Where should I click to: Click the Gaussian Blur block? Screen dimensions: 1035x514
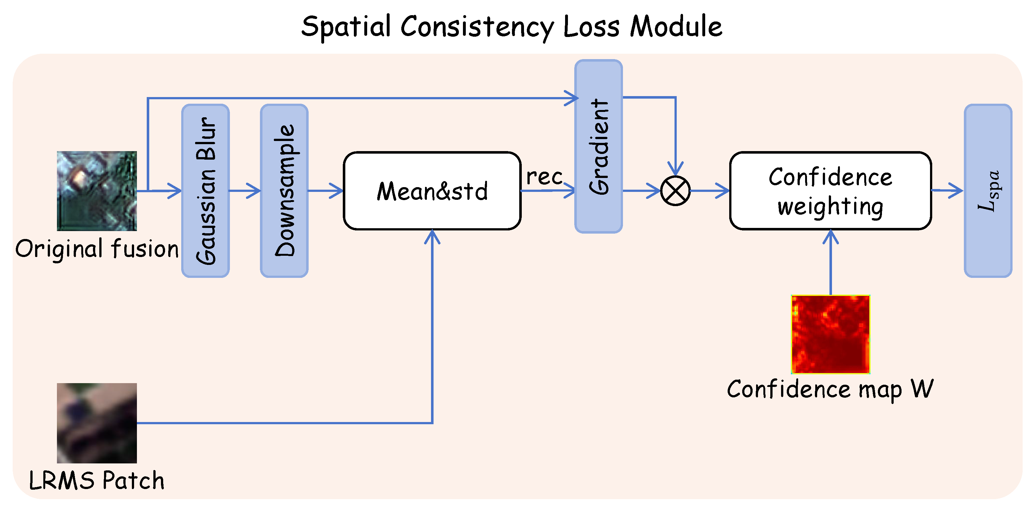205,191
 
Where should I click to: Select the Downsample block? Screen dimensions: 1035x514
284,191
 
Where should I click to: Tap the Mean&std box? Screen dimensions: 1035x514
432,191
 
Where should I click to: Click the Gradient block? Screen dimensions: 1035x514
599,146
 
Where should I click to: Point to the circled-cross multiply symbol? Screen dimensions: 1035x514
675,191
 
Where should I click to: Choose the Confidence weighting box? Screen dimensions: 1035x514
830,191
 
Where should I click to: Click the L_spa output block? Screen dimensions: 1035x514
988,191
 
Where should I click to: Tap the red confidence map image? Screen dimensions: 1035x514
830,334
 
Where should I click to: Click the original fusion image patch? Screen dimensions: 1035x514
97,191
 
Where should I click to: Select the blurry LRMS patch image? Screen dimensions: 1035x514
97,423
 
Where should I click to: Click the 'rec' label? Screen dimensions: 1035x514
545,177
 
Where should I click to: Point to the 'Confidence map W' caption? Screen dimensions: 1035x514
830,389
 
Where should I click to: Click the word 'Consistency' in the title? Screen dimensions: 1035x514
477,27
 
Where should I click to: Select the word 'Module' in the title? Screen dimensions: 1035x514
676,27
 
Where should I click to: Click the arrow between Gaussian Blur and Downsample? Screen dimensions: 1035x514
245,191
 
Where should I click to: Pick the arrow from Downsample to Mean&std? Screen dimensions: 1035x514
325,191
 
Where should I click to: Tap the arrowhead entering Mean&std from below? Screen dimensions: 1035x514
432,236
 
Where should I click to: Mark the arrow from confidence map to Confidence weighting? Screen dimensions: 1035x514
830,262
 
